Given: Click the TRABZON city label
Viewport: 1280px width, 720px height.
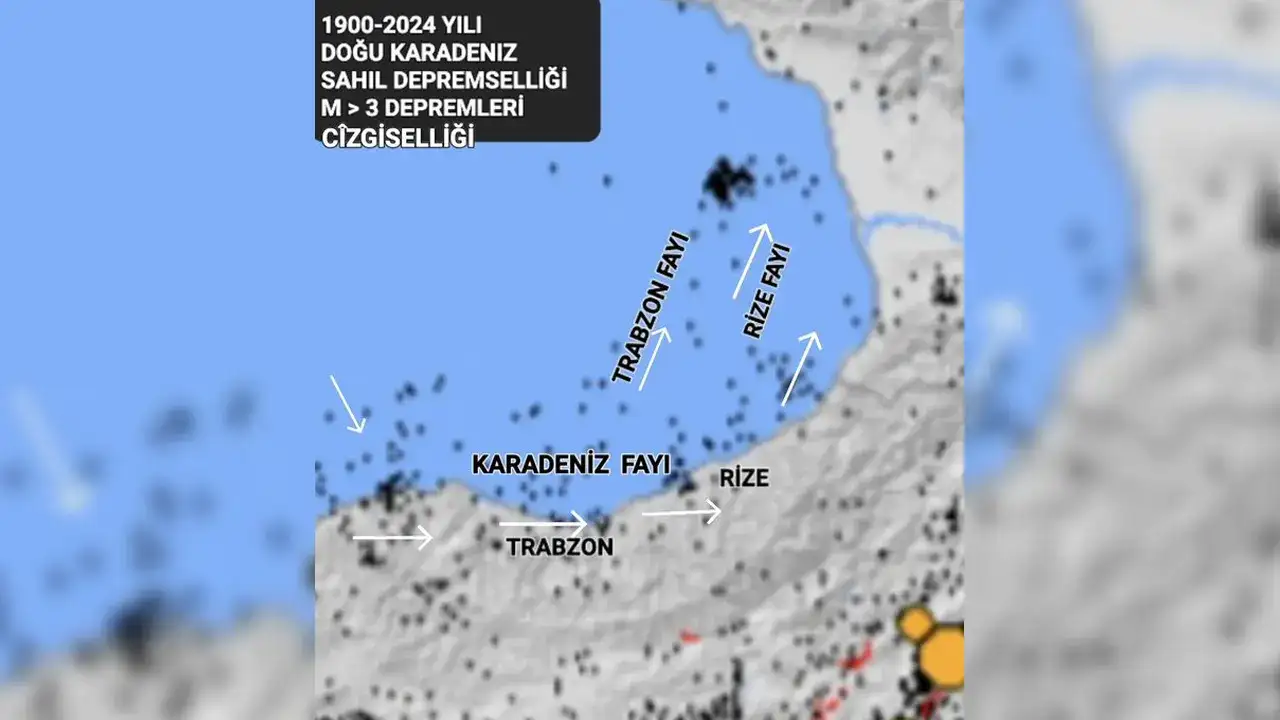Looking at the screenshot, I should [x=559, y=547].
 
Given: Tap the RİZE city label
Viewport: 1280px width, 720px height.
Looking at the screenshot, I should [x=744, y=479].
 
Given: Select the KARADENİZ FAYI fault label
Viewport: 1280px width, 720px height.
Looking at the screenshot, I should [x=570, y=464].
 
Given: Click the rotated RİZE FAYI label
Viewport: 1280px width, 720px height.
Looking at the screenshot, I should [x=767, y=291].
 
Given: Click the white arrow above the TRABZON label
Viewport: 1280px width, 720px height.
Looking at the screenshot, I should [x=543, y=522].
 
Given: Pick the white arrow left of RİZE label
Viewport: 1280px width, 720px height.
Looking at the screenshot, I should [x=681, y=513].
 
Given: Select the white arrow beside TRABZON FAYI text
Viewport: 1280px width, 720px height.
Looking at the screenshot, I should [x=654, y=358].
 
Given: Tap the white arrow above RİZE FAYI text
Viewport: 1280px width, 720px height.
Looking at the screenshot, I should [x=752, y=261].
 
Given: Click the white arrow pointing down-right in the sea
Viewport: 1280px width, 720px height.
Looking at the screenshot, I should [x=347, y=404].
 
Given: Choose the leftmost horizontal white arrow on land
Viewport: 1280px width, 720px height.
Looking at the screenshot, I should [x=392, y=538].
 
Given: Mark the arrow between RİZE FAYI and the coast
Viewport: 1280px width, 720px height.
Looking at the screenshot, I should [x=801, y=368].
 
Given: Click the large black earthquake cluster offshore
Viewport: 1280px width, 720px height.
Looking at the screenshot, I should [x=727, y=181].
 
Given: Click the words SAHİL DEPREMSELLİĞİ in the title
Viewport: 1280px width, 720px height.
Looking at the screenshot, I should [x=443, y=80].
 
